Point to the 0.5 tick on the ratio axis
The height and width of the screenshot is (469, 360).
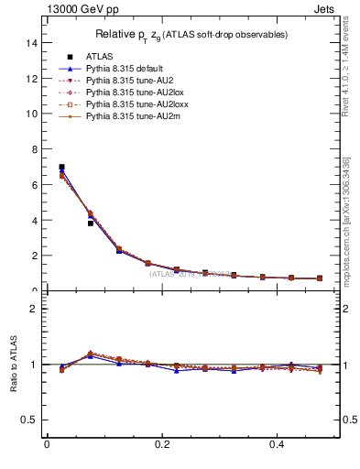[x=29, y=420]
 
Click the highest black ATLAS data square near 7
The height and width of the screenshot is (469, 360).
[x=61, y=168]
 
